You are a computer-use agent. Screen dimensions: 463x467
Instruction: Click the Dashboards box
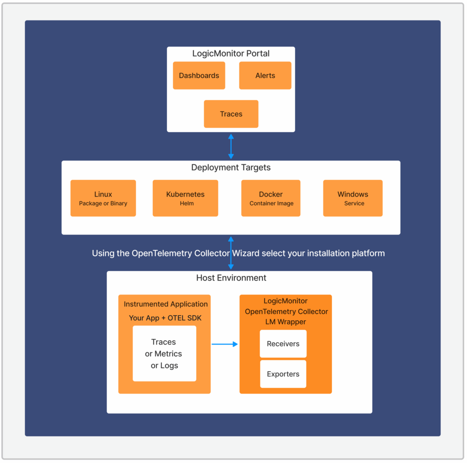[x=199, y=76]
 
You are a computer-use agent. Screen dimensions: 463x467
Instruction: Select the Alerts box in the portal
[x=265, y=76]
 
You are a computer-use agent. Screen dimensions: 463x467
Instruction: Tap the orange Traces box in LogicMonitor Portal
[x=231, y=114]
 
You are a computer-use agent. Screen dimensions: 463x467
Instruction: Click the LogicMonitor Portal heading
[x=231, y=53]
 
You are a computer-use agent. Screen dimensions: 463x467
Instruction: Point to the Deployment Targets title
[x=231, y=167]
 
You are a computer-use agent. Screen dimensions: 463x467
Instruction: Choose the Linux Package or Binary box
[x=103, y=198]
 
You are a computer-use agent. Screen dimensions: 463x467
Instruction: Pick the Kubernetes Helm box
[x=185, y=198]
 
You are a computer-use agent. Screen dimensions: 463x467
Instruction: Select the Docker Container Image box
[x=271, y=198]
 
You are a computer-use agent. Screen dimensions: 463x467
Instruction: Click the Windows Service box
[x=353, y=198]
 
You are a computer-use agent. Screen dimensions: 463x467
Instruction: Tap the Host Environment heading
[x=231, y=278]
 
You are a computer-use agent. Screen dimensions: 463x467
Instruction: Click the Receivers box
[x=283, y=344]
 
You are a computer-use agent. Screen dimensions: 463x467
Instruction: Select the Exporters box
[x=283, y=374]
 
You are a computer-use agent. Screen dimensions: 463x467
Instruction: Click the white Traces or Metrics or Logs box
[x=164, y=354]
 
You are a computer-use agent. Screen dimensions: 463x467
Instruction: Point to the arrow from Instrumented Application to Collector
[x=225, y=344]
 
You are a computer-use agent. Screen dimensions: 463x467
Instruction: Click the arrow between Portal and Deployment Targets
[x=231, y=146]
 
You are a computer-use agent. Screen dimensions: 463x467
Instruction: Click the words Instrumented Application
[x=166, y=304]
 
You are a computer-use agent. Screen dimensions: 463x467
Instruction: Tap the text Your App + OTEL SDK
[x=165, y=318]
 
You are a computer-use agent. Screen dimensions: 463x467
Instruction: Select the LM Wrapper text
[x=285, y=322]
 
